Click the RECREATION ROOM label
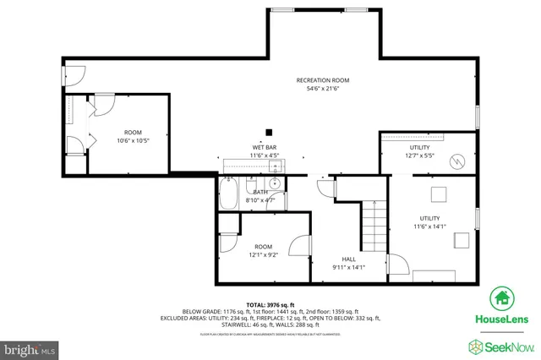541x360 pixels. tap(322, 80)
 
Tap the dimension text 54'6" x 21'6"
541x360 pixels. tap(322, 89)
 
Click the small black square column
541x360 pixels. tap(269, 131)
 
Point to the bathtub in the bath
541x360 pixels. tap(229, 196)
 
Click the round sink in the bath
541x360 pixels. tap(276, 183)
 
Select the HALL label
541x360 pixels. tap(348, 259)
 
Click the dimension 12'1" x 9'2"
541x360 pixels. tap(264, 254)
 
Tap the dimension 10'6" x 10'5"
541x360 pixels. tap(133, 140)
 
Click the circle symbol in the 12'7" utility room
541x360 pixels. tap(456, 161)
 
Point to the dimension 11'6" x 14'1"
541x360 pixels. tap(429, 226)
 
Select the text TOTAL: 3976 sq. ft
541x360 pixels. tap(270, 304)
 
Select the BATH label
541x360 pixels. tap(253, 192)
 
